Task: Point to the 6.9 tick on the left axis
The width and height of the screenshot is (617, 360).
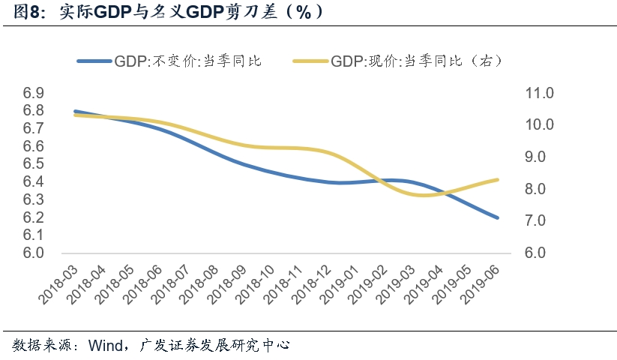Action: pyautogui.click(x=34, y=94)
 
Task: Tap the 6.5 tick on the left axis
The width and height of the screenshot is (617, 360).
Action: pyautogui.click(x=34, y=164)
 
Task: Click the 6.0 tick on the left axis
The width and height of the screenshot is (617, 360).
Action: pyautogui.click(x=34, y=253)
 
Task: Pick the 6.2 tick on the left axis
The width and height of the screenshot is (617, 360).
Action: pyautogui.click(x=34, y=217)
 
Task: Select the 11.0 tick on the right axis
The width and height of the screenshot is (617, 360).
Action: pyautogui.click(x=539, y=94)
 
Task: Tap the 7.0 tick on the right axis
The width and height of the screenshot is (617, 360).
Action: pyautogui.click(x=539, y=221)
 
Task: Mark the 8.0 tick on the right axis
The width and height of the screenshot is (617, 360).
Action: pyautogui.click(x=539, y=189)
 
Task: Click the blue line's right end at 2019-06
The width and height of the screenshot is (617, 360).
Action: pyautogui.click(x=497, y=217)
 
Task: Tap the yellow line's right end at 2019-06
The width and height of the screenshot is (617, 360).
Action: pyautogui.click(x=497, y=179)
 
